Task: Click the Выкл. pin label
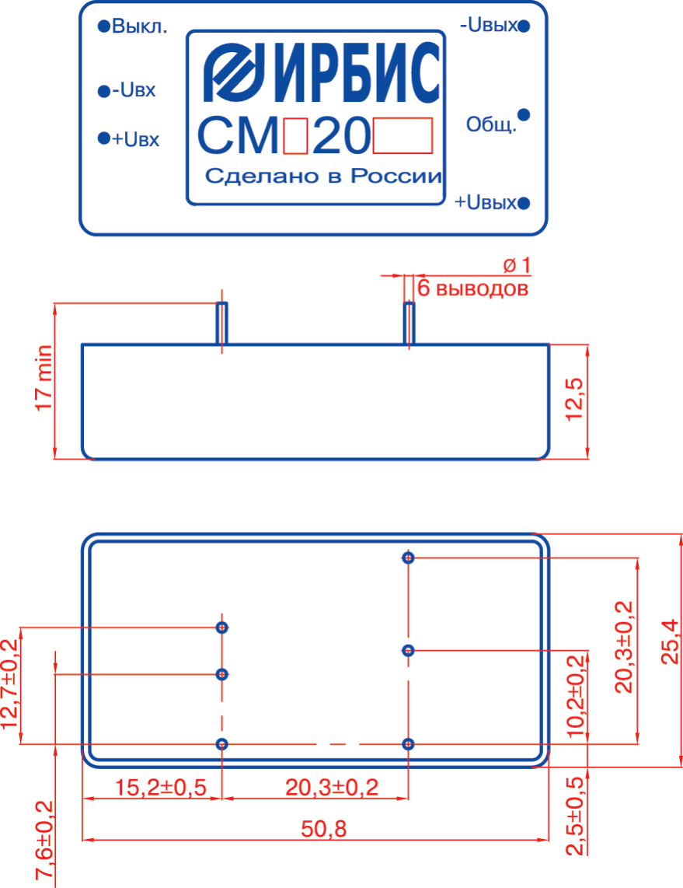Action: pyautogui.click(x=139, y=27)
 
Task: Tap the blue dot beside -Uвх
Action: pyautogui.click(x=103, y=93)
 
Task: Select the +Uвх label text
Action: pyautogui.click(x=136, y=140)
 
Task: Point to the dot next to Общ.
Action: pyautogui.click(x=524, y=114)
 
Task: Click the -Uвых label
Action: pyautogui.click(x=489, y=26)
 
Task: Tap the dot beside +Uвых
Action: pyautogui.click(x=524, y=204)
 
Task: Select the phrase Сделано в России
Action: pyautogui.click(x=322, y=177)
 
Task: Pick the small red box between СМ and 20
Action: pyautogui.click(x=296, y=136)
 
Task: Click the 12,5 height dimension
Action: pyautogui.click(x=575, y=401)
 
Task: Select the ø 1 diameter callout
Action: pyautogui.click(x=517, y=266)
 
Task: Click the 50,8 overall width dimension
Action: pyautogui.click(x=324, y=830)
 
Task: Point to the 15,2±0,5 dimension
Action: pyautogui.click(x=161, y=788)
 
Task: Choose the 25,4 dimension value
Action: pyautogui.click(x=670, y=642)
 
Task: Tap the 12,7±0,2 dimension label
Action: pyautogui.click(x=10, y=683)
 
